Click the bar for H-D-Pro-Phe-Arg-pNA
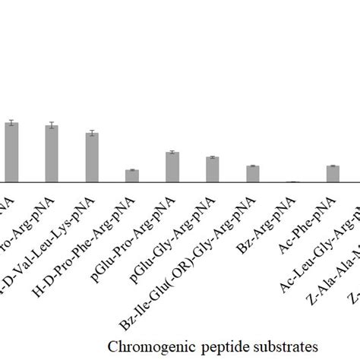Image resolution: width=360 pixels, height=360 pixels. pos(132,176)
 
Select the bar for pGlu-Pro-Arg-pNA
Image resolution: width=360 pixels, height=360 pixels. pos(172,167)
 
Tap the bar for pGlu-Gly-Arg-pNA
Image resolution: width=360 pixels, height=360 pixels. pos(213,169)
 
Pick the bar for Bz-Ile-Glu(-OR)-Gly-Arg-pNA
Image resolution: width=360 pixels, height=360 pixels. pos(253,174)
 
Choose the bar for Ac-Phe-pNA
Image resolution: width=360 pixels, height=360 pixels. pos(333,174)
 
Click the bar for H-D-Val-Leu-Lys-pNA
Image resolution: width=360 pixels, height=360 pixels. pos(92,158)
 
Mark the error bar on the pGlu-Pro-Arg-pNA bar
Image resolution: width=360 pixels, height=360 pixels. pos(172,153)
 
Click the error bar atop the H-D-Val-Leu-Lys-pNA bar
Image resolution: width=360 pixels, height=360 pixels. pos(92,133)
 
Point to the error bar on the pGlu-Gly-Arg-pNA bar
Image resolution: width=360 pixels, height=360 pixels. pos(213,157)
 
